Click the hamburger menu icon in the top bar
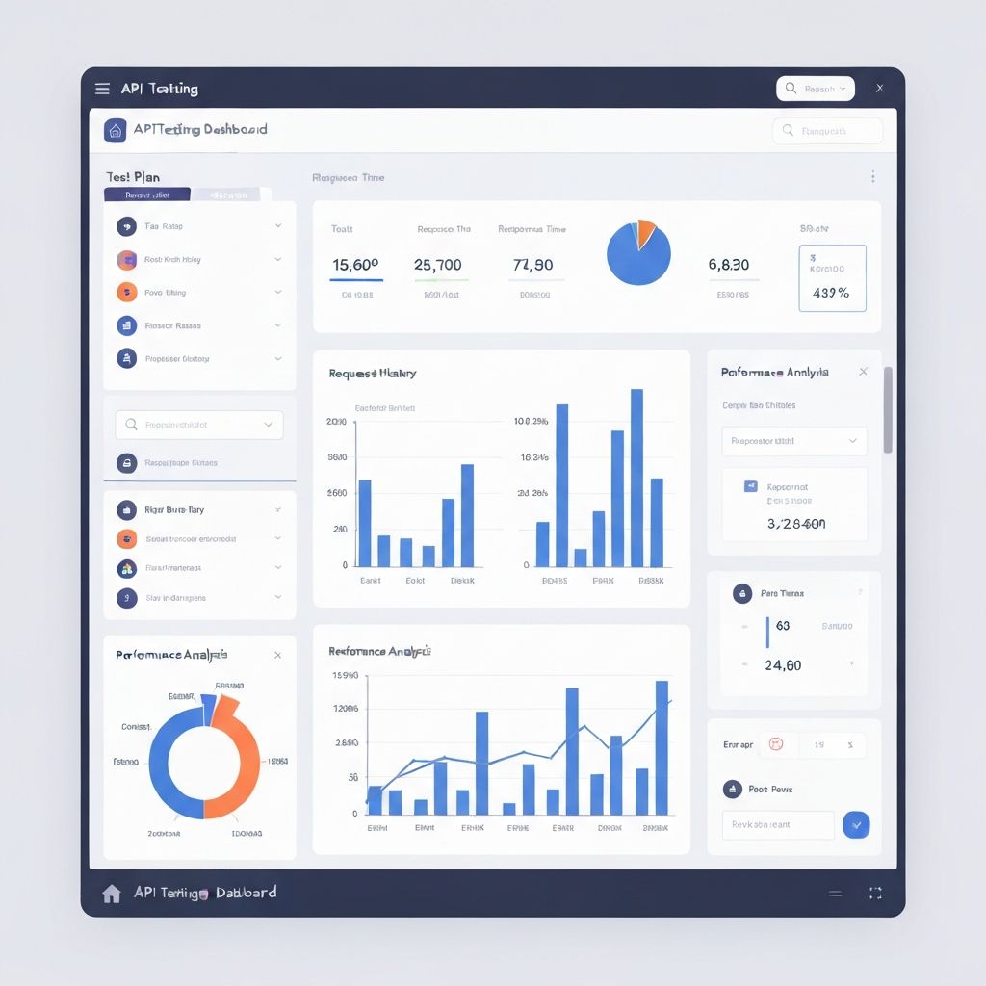point(102,89)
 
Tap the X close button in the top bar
point(879,89)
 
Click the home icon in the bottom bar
point(112,894)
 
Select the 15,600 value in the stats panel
point(355,265)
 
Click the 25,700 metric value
point(437,265)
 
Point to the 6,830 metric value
point(729,265)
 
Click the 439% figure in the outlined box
point(830,293)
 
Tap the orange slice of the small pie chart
point(644,231)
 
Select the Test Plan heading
point(133,177)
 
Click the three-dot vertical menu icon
point(873,177)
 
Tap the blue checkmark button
point(856,824)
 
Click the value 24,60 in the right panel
point(783,665)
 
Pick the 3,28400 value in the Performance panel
point(795,524)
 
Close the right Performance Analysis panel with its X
point(863,372)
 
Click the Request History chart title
point(372,374)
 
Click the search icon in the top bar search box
point(791,89)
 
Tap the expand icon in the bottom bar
point(875,894)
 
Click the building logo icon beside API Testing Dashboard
point(116,130)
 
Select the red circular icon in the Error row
point(777,744)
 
